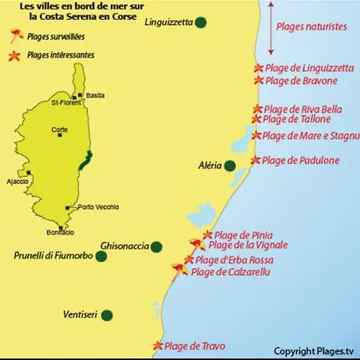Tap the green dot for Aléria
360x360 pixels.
tap(230, 166)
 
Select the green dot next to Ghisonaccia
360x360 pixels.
tap(157, 246)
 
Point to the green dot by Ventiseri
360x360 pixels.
tap(107, 315)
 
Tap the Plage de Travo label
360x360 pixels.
tap(194, 346)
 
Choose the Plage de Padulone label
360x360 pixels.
tap(301, 161)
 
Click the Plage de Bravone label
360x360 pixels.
tap(302, 81)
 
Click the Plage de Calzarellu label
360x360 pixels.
tap(230, 273)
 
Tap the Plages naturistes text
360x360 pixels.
tap(311, 26)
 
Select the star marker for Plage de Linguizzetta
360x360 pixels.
tap(258, 69)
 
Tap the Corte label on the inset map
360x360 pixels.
tap(59, 129)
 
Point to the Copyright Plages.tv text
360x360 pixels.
tap(313, 350)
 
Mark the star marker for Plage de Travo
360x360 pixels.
tap(158, 346)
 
